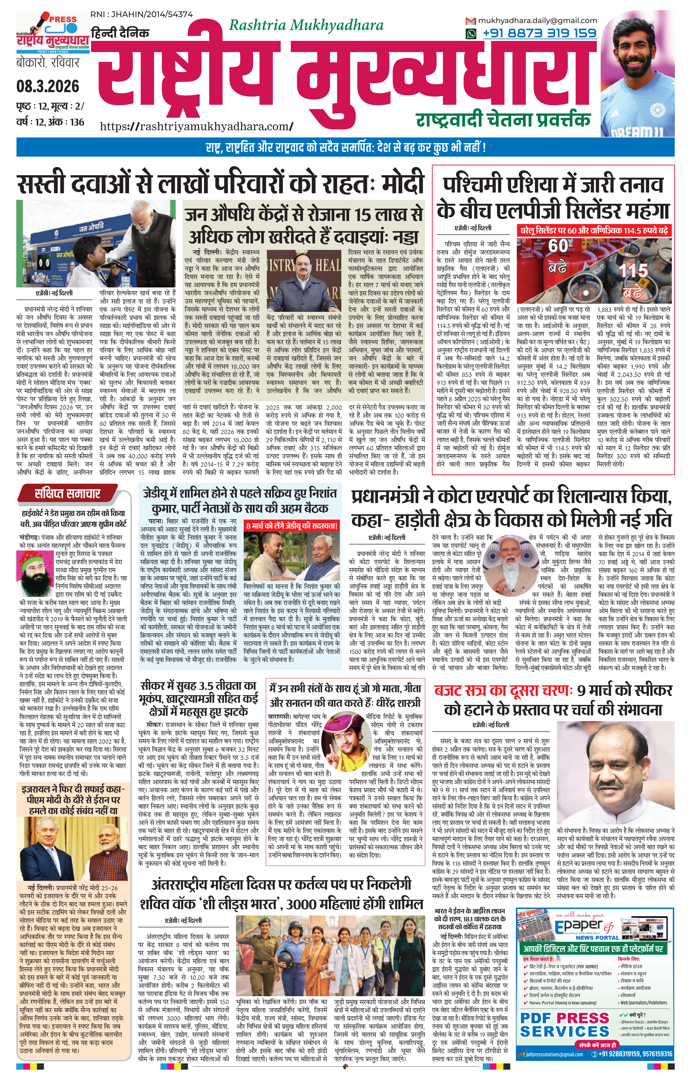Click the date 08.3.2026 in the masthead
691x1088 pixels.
pyautogui.click(x=48, y=86)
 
